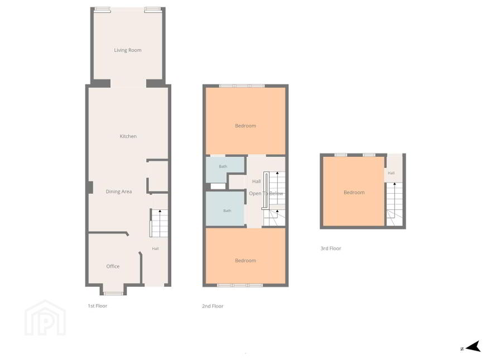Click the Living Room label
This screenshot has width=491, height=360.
[127, 50]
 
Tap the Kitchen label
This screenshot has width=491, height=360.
[128, 136]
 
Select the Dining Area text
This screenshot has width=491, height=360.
[119, 192]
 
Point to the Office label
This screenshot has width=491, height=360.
[113, 266]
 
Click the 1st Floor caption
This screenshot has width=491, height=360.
[98, 306]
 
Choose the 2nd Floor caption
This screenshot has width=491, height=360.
[213, 306]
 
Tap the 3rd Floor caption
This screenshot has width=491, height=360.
[331, 248]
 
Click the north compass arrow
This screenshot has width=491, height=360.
[474, 347]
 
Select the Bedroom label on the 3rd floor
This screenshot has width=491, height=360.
[354, 193]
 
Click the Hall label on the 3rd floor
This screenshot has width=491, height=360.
[391, 173]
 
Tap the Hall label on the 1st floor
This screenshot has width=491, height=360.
[155, 249]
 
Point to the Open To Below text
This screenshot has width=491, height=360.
[266, 194]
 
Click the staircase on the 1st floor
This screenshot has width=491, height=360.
[159, 223]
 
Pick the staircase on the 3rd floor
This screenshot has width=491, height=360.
[394, 204]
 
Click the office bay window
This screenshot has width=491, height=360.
[113, 294]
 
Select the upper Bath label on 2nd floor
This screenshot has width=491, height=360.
[223, 166]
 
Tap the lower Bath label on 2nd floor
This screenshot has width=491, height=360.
[227, 211]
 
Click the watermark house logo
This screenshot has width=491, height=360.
[45, 318]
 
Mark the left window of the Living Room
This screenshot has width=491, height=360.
[103, 9]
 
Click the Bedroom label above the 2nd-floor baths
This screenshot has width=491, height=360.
[245, 126]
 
